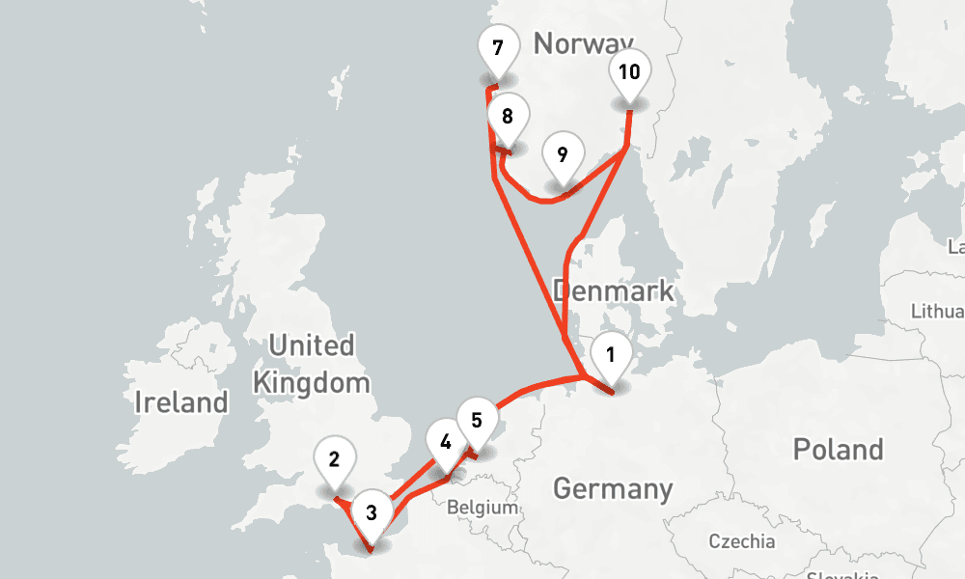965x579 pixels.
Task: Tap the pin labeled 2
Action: [x=334, y=460]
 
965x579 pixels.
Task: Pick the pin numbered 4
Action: [x=445, y=443]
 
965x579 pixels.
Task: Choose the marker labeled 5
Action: [x=477, y=421]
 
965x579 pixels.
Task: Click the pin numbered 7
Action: [x=497, y=49]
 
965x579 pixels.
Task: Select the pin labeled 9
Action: [x=563, y=155]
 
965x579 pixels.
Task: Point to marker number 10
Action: [x=629, y=72]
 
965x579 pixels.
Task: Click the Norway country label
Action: [x=583, y=43]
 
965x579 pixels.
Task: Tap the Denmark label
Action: [x=613, y=291]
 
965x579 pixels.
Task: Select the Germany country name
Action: [x=612, y=488]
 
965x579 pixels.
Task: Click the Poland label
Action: [x=838, y=449]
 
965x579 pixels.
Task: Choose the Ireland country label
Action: [x=181, y=401]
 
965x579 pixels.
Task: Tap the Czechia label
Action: [x=741, y=540]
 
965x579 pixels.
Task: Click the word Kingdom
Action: [x=311, y=382]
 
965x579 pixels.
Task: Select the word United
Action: [x=311, y=345]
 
